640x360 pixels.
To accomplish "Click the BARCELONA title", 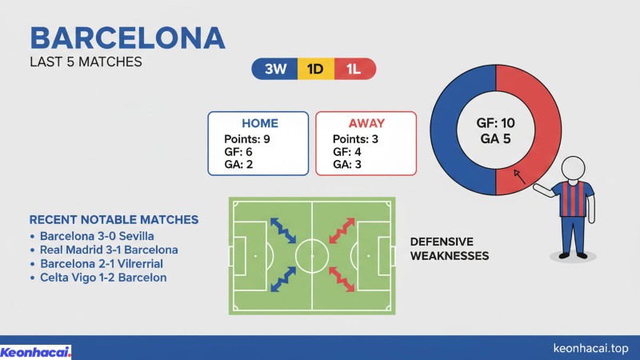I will click(127, 38).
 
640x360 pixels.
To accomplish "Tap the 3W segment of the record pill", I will click(274, 70).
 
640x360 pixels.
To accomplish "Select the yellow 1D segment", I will click(314, 70).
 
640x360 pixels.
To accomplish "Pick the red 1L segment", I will click(354, 70).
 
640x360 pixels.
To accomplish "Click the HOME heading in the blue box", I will click(259, 123).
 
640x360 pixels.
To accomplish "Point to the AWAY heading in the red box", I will click(366, 123).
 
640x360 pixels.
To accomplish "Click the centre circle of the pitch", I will click(311, 256).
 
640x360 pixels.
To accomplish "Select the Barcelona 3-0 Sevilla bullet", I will click(96, 237).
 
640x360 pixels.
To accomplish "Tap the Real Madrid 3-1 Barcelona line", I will click(109, 250).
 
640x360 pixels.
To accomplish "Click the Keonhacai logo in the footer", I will click(36, 351).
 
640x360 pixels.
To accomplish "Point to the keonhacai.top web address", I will click(591, 350).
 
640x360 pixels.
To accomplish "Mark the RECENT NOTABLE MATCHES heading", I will click(114, 219).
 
